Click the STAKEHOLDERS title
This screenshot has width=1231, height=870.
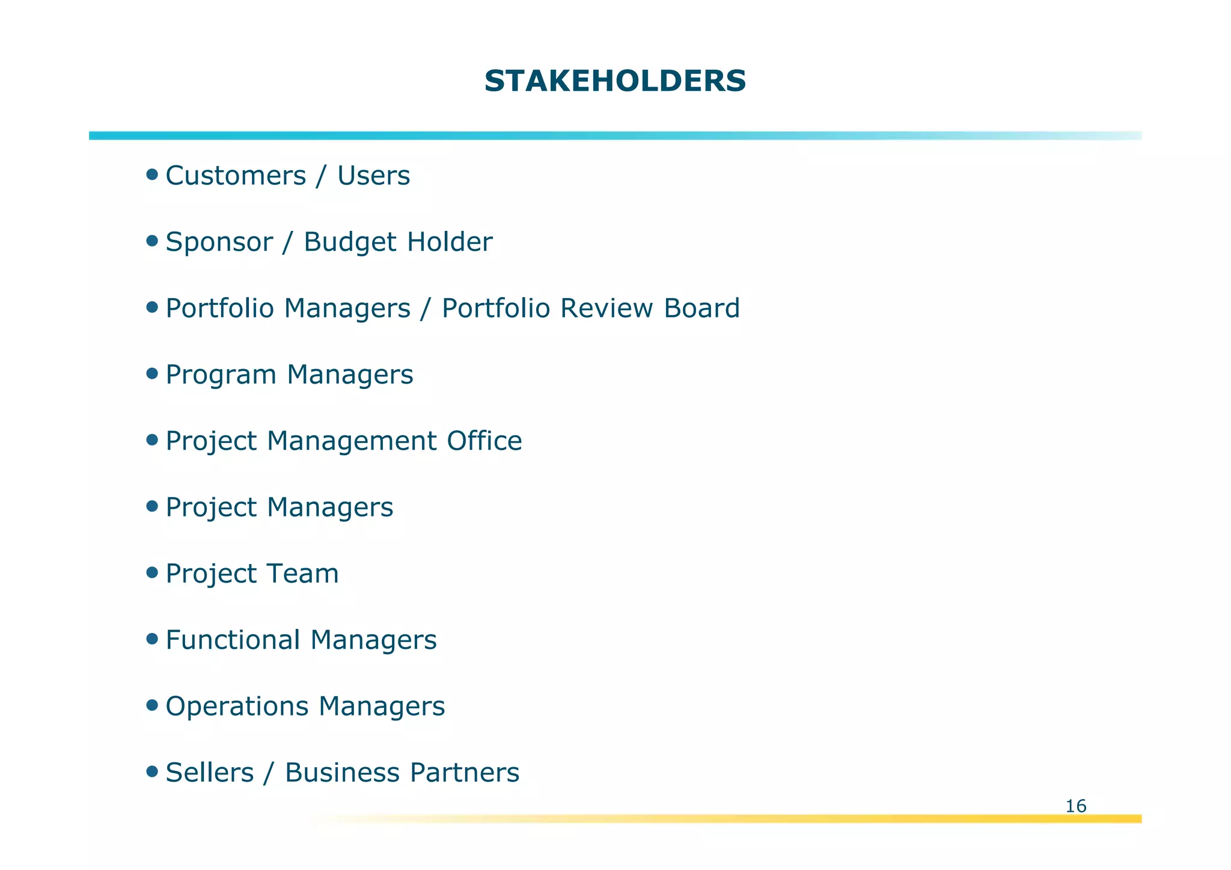[615, 81]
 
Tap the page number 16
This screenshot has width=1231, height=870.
[1075, 806]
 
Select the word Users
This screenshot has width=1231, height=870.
[373, 176]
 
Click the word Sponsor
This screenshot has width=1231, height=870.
[219, 242]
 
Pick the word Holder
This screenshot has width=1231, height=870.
[449, 242]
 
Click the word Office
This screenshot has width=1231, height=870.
[484, 441]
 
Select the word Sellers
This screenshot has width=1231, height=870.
[209, 773]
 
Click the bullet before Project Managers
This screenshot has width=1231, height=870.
[152, 507]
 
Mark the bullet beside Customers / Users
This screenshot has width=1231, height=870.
[152, 175]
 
